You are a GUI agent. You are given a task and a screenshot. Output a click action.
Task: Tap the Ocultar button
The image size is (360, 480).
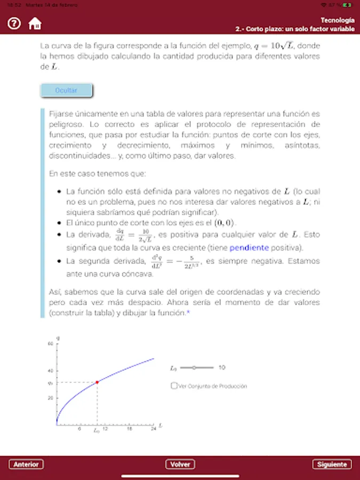[x=67, y=91]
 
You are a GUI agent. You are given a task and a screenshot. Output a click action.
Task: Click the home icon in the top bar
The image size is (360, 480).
[x=35, y=23]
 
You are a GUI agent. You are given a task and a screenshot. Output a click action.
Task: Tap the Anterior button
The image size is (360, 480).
[x=26, y=464]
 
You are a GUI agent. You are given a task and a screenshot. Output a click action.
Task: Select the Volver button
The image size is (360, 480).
[x=180, y=464]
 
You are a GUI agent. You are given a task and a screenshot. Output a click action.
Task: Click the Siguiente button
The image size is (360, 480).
[x=332, y=464]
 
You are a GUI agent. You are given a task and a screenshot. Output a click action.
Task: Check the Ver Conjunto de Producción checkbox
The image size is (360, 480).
[x=174, y=386]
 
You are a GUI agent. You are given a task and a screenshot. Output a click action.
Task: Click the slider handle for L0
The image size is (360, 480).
[x=194, y=367]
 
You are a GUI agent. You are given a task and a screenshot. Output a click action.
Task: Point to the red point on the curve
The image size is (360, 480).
[x=97, y=382]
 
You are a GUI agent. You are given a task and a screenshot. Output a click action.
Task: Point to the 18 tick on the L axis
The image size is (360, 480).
[x=129, y=429]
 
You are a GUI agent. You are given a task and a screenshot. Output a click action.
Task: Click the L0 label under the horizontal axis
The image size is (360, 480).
[x=97, y=430]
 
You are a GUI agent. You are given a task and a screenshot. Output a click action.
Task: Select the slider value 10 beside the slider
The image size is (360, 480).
[x=222, y=367]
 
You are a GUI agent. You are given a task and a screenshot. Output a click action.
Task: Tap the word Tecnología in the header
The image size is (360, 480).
[x=338, y=20]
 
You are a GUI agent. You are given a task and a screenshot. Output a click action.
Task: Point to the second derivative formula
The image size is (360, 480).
[x=174, y=261]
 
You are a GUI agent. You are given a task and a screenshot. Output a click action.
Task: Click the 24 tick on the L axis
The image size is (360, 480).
[x=154, y=429]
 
